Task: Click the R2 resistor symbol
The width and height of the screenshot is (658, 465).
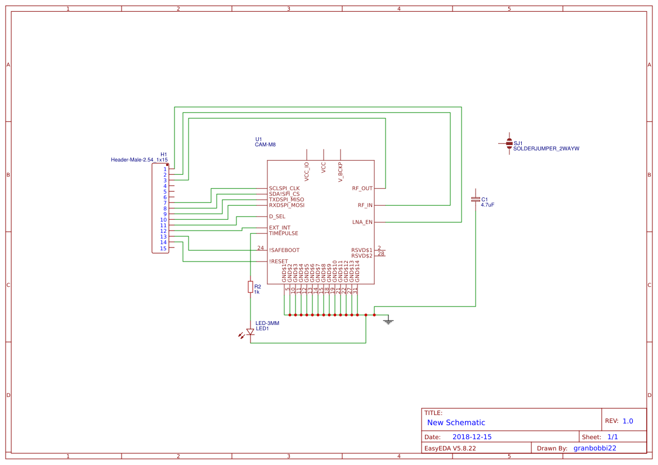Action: pyautogui.click(x=250, y=287)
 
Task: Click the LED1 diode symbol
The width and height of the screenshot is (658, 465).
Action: pyautogui.click(x=250, y=332)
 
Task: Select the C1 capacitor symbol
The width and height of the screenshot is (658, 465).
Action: pyautogui.click(x=476, y=200)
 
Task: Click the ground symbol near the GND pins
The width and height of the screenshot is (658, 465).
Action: pyautogui.click(x=387, y=321)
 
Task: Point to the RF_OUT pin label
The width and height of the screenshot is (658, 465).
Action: pyautogui.click(x=362, y=188)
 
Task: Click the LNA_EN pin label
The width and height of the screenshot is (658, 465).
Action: pyautogui.click(x=362, y=222)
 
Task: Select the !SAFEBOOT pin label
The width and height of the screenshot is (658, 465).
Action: pyautogui.click(x=284, y=250)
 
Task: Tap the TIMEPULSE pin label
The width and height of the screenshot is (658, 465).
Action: pyautogui.click(x=284, y=233)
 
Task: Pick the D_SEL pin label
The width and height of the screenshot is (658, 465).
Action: pyautogui.click(x=277, y=216)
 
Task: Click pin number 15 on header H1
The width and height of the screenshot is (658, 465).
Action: pyautogui.click(x=163, y=248)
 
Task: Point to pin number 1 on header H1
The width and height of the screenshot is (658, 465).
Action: pyautogui.click(x=165, y=169)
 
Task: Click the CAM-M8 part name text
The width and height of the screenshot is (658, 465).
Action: pyautogui.click(x=265, y=145)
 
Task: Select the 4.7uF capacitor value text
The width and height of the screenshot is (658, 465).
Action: pyautogui.click(x=487, y=205)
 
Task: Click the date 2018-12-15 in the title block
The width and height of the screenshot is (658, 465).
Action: pyautogui.click(x=472, y=437)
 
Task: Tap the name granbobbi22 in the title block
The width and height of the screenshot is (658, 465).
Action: pyautogui.click(x=594, y=448)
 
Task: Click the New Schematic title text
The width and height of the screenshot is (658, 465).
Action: pyautogui.click(x=456, y=422)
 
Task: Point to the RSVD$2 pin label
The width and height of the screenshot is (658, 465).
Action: pyautogui.click(x=362, y=256)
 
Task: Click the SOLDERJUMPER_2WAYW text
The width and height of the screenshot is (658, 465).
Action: pyautogui.click(x=546, y=148)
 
